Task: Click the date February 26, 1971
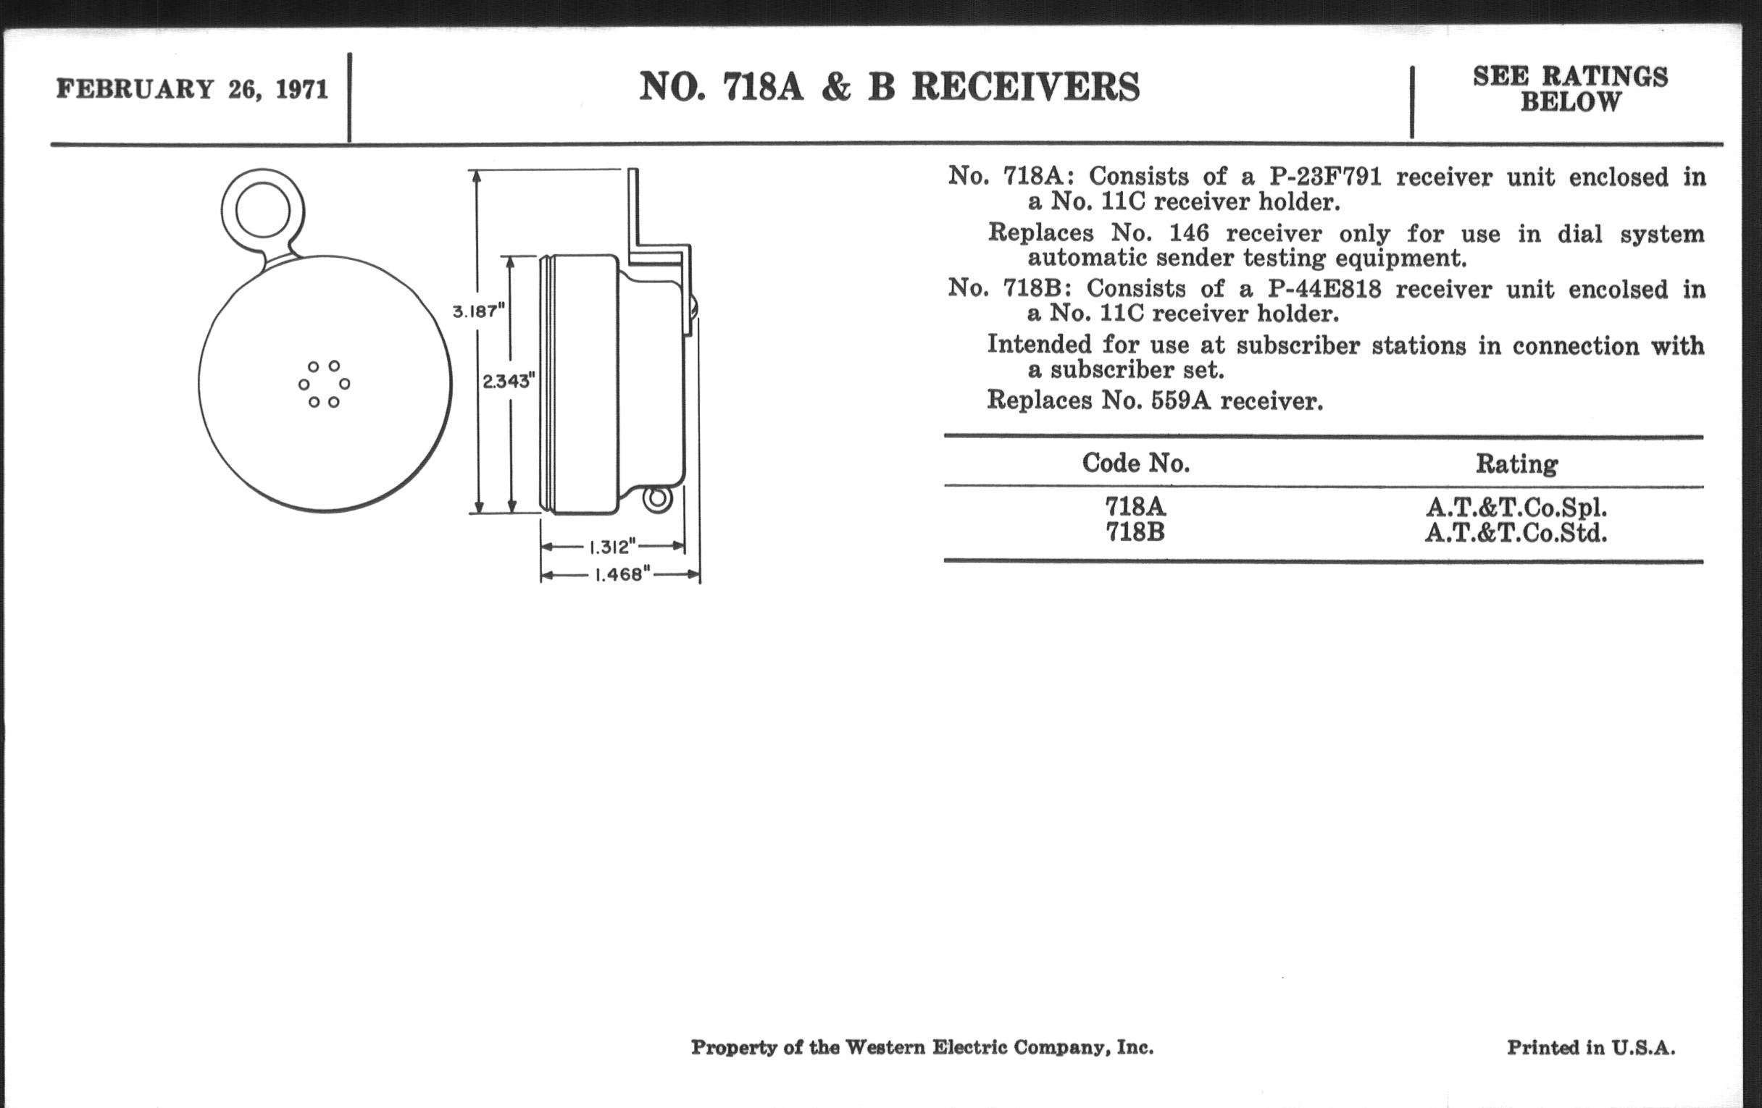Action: click(192, 89)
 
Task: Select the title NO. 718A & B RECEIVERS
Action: click(889, 87)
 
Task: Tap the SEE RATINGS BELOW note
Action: click(1570, 88)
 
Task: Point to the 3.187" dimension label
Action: click(479, 311)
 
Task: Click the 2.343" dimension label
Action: click(509, 380)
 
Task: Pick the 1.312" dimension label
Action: click(612, 547)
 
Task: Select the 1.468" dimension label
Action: click(622, 575)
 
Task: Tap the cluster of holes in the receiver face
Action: click(324, 384)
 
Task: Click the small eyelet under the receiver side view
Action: click(657, 500)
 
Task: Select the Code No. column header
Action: click(1135, 463)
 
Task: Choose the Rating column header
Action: click(1516, 463)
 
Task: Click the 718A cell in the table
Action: click(1135, 506)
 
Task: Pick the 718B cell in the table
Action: click(1135, 532)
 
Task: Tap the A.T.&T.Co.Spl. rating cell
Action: click(1516, 507)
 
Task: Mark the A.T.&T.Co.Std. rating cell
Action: click(1516, 533)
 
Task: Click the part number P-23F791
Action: click(1324, 177)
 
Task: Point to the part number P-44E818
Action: click(1324, 289)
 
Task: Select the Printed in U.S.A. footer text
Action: click(1591, 1048)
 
